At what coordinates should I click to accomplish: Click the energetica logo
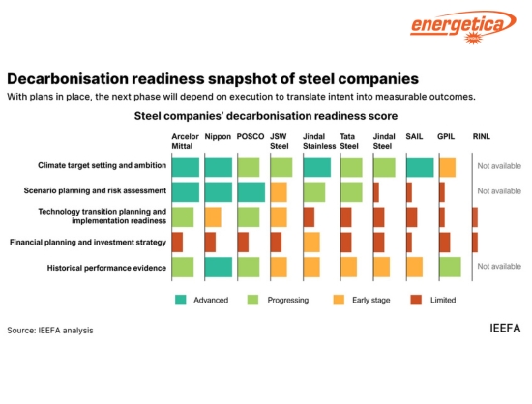pyautogui.click(x=463, y=26)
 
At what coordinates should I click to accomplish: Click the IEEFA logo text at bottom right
pyautogui.click(x=505, y=329)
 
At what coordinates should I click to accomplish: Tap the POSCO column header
pyautogui.click(x=250, y=137)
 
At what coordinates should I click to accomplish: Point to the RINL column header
pyautogui.click(x=481, y=137)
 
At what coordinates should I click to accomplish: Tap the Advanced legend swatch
pyautogui.click(x=180, y=300)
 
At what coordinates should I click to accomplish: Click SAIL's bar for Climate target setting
pyautogui.click(x=419, y=167)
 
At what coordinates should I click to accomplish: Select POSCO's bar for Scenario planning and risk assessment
pyautogui.click(x=251, y=191)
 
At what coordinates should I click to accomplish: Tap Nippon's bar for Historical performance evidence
pyautogui.click(x=218, y=267)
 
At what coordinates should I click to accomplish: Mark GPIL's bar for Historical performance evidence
pyautogui.click(x=450, y=267)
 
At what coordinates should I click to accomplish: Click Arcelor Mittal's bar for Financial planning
pyautogui.click(x=177, y=242)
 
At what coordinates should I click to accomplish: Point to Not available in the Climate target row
pyautogui.click(x=499, y=166)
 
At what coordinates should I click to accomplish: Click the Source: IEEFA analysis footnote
pyautogui.click(x=50, y=331)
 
